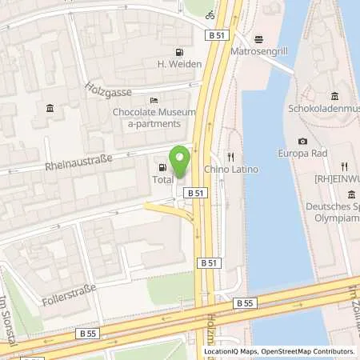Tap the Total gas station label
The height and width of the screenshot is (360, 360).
point(163,181)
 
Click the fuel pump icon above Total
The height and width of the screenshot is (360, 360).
point(163,168)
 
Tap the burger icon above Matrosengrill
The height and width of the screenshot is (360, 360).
point(258,38)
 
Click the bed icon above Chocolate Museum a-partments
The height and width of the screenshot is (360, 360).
point(154,99)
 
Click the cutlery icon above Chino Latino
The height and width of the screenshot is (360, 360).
point(230,158)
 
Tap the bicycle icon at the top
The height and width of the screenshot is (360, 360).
point(210,14)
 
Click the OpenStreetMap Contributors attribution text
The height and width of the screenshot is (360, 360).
point(308,351)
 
